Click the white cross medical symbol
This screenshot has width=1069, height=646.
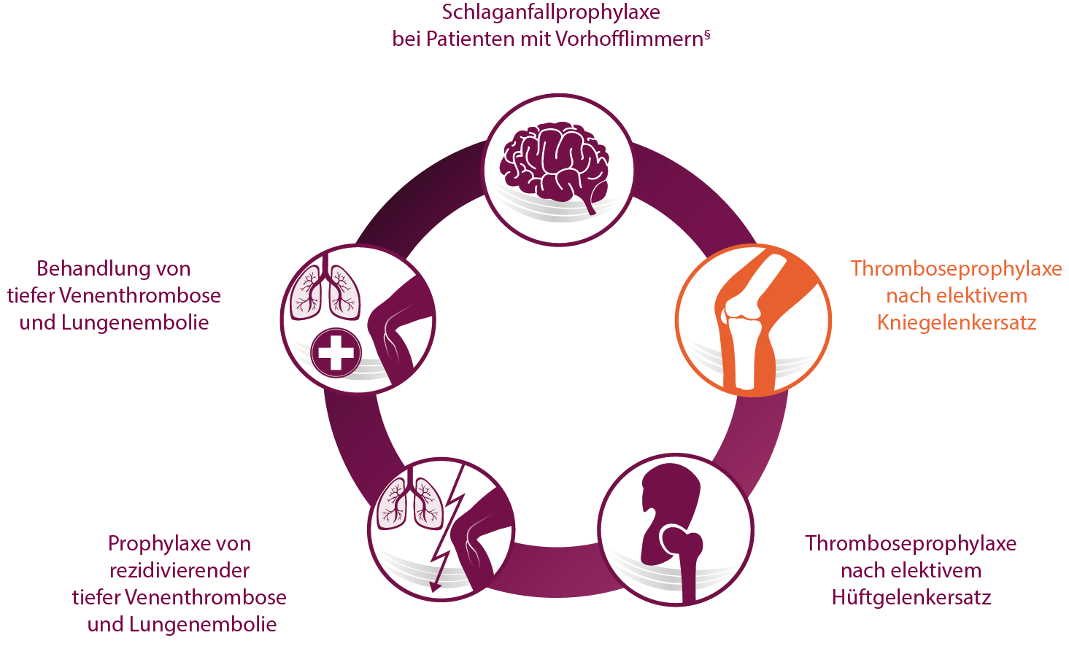point(336,354)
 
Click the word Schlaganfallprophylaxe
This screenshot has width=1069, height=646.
point(551,12)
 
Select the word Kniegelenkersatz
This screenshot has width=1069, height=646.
point(957,323)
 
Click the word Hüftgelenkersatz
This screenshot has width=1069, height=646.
point(911,597)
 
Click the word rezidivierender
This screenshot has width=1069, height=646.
point(180,571)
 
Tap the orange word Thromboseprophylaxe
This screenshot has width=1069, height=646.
point(957,269)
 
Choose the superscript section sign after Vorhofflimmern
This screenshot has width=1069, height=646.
point(707,34)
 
